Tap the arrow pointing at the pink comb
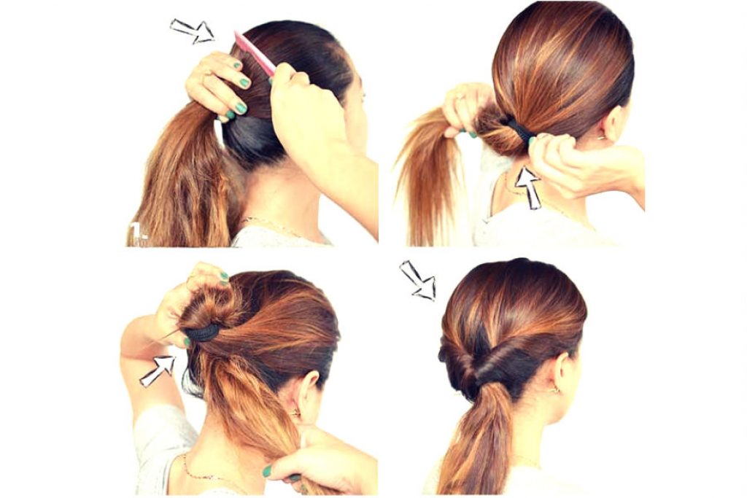[x=193, y=31]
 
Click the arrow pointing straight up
[x=529, y=187]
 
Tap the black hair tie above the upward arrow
[x=521, y=131]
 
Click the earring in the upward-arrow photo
[x=602, y=138]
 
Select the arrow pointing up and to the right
[x=158, y=370]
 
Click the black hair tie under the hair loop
[x=202, y=332]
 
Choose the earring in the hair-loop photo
[x=295, y=412]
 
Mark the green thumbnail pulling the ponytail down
[x=267, y=471]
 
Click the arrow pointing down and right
[x=418, y=281]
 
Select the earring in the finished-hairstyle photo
[x=556, y=391]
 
